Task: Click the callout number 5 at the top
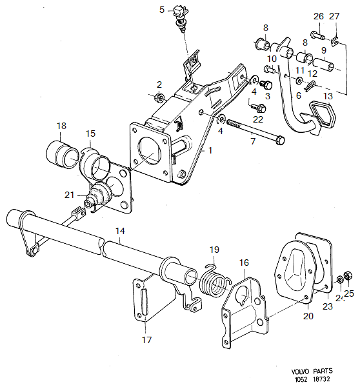point(162,9)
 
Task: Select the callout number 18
point(61,126)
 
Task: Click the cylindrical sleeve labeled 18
point(60,154)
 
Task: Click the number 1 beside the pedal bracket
point(209,149)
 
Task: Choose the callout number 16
point(243,263)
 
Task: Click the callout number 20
point(308,316)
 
